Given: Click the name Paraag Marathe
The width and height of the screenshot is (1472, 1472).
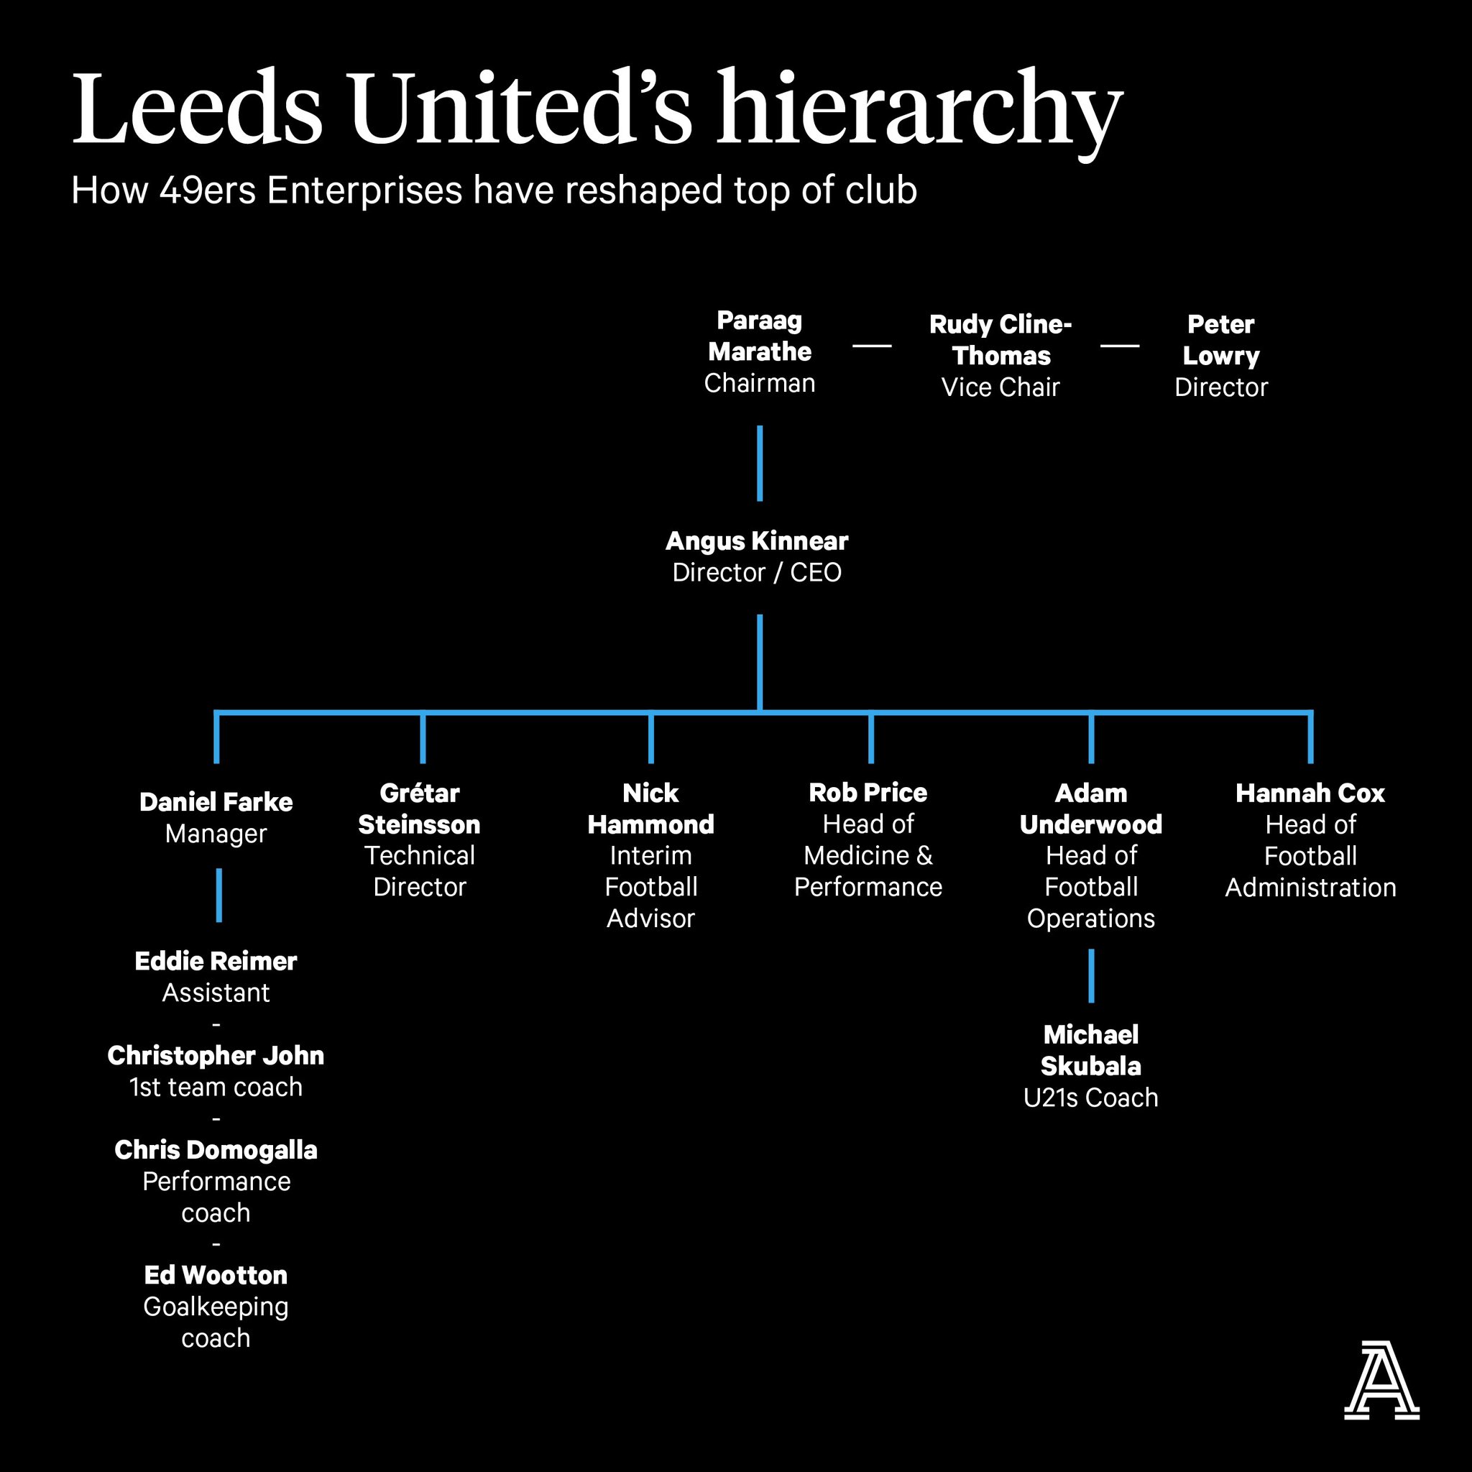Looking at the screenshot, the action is point(760,336).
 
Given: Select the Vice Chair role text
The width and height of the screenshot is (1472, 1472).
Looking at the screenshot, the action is point(1000,387).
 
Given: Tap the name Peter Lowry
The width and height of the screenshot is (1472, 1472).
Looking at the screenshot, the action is point(1220,340).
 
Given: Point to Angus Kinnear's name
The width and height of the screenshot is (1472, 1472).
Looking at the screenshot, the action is point(757,541).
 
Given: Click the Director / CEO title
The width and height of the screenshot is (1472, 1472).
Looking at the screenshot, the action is point(757,572).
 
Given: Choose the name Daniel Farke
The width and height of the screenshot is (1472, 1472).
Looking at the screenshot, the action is point(216,801).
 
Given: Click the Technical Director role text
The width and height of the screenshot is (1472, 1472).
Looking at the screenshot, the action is point(419,871).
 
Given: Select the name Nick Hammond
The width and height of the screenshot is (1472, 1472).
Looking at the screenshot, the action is point(650,809).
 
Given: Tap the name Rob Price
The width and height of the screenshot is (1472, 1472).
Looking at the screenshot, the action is point(868,792).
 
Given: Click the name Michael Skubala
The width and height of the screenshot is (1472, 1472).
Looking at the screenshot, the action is point(1090,1050).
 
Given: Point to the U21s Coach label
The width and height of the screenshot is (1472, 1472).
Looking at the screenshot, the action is point(1090,1097).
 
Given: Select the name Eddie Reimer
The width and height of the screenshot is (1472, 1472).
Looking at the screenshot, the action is point(216,961).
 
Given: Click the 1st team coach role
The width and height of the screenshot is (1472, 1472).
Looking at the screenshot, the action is point(216,1087).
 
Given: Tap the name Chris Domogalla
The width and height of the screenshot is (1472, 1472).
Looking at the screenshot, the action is point(216,1150).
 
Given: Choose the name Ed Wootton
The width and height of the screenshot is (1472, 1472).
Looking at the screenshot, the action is point(216,1274).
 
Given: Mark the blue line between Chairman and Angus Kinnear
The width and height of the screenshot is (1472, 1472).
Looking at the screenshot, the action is point(760,464).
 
